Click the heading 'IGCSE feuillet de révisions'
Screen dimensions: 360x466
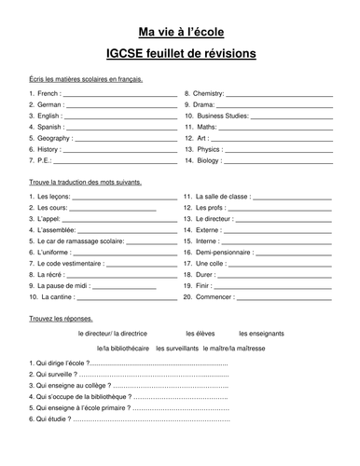[179, 55]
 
